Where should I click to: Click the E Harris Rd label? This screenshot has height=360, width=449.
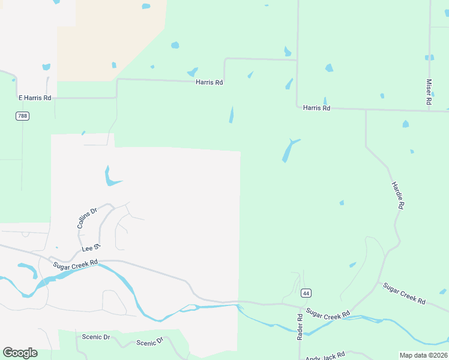35,98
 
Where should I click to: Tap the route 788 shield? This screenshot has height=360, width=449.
22,116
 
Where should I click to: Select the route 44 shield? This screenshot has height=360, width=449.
306,293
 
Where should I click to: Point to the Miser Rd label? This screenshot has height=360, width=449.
429,92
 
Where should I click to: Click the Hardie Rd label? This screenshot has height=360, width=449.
397,195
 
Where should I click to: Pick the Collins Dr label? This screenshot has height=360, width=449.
87,218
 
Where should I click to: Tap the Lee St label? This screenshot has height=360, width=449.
90,247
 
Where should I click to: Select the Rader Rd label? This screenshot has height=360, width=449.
300,326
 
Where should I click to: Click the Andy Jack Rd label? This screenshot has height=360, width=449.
325,355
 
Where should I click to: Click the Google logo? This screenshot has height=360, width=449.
20,353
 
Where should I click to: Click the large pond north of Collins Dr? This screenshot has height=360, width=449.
110,177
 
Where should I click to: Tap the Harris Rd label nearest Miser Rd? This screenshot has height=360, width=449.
316,108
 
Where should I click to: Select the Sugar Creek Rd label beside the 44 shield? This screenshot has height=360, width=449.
327,313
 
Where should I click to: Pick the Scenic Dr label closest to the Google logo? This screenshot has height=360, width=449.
97,337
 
